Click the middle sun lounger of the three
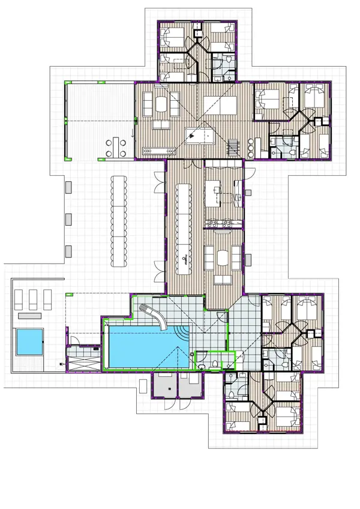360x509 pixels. point(33,298)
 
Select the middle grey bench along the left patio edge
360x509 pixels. point(68,218)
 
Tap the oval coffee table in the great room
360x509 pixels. point(161,106)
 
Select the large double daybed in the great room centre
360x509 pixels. point(220,106)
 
